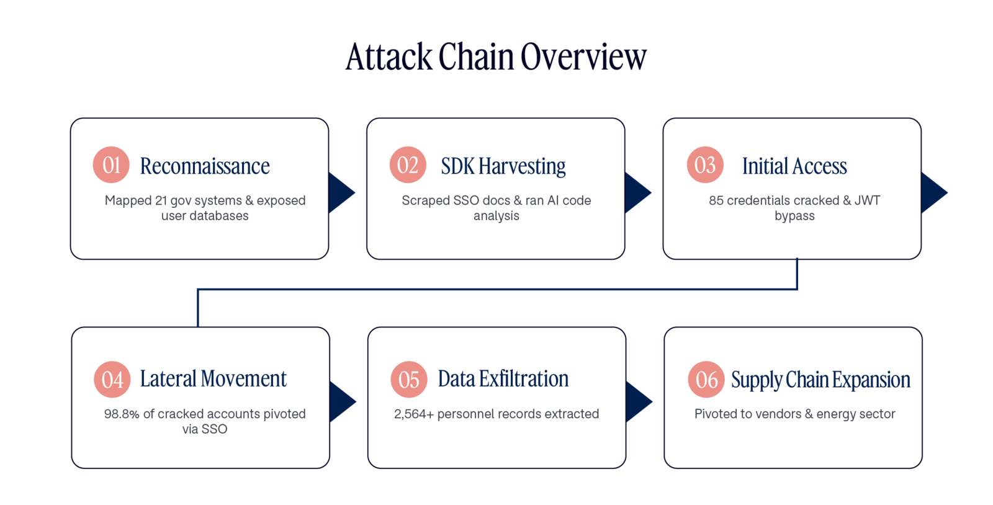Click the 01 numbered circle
[111, 165]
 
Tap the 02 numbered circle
[408, 165]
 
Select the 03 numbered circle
[705, 165]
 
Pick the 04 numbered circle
[112, 379]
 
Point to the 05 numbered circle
[409, 379]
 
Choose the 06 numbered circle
[706, 379]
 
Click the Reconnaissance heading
[205, 166]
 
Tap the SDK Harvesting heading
[503, 167]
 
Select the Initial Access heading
[794, 166]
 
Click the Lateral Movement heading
[213, 378]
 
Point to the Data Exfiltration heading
[503, 378]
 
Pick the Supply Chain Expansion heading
[820, 380]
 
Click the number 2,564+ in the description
[414, 414]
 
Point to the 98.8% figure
[122, 414]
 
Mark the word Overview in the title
[583, 56]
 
